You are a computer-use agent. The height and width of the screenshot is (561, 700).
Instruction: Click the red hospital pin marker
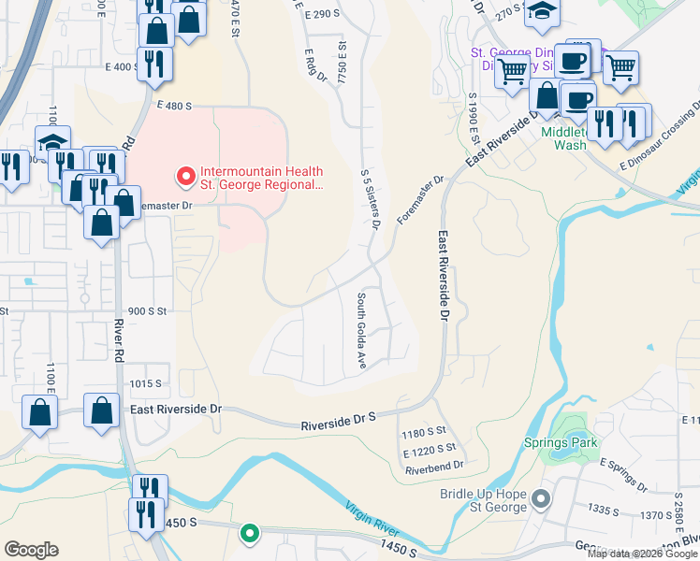pos(184,175)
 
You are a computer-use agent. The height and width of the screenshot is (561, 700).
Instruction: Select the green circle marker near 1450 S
pos(249,533)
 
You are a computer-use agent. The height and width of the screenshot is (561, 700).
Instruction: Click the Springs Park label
pos(573,442)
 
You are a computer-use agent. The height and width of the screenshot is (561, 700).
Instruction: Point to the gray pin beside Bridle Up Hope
pos(540,500)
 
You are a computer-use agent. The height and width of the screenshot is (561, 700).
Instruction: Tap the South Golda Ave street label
pos(360,328)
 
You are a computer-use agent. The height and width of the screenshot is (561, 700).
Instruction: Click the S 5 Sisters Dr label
pos(371,199)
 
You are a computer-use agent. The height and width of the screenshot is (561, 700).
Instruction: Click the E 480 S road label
pos(174,106)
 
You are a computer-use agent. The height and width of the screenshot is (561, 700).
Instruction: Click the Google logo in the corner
pos(31,550)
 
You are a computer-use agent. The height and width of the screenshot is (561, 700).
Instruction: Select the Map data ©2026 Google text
pos(643,554)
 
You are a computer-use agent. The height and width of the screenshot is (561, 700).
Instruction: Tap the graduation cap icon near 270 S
pos(540,11)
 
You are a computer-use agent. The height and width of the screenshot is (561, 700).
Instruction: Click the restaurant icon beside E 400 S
pos(153,63)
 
